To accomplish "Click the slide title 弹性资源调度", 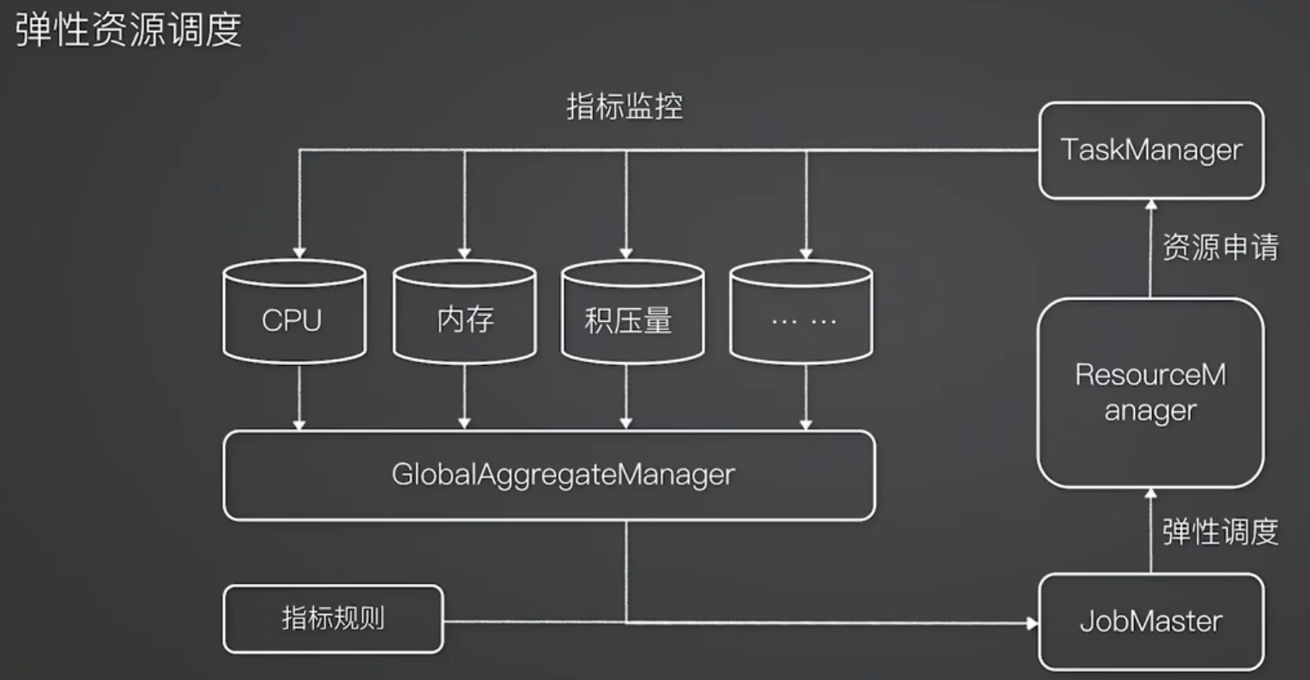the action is tap(128, 29).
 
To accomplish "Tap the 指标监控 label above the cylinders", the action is tap(625, 106).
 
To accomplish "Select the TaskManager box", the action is tap(1151, 150).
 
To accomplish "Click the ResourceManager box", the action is tap(1150, 392).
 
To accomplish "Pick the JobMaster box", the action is tap(1151, 622).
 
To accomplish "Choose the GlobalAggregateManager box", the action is tap(549, 475).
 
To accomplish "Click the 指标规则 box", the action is tap(334, 618).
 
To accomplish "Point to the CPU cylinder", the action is tap(295, 312).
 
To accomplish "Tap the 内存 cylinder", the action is tap(464, 312).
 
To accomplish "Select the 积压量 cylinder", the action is tap(633, 312).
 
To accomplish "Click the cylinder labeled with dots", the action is tap(801, 312).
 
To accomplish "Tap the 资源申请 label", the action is tap(1221, 247).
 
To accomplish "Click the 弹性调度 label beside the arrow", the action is tap(1221, 532).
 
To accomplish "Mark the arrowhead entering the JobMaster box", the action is tap(1033, 623).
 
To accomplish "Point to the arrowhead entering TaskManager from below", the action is tap(1151, 205).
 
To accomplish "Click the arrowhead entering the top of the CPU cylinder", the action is tap(299, 253).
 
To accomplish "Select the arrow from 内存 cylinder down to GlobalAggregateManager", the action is tap(464, 398).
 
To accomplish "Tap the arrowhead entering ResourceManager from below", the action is tap(1151, 494).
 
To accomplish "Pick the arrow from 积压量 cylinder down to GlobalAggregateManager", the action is tap(625, 398).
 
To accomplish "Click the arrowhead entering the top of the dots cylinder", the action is tap(806, 253).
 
